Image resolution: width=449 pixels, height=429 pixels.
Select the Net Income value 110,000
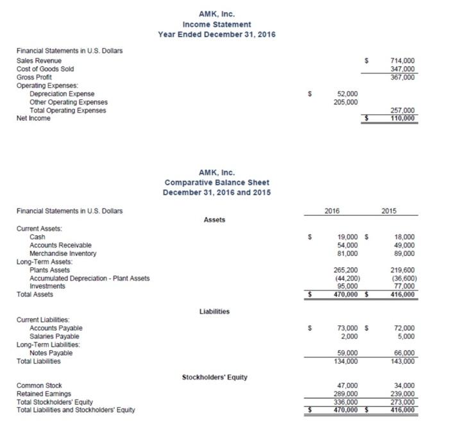pyautogui.click(x=402, y=119)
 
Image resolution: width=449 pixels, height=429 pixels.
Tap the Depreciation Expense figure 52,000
pyautogui.click(x=347, y=94)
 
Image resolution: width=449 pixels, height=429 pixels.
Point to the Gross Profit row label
pyautogui.click(x=34, y=77)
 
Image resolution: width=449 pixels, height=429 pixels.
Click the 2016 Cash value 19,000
pyautogui.click(x=347, y=237)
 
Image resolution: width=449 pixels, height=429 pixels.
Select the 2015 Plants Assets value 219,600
pyautogui.click(x=402, y=270)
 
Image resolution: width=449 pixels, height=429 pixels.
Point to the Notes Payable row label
pyautogui.click(x=51, y=353)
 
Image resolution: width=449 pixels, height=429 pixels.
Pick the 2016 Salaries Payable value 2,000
pyautogui.click(x=349, y=336)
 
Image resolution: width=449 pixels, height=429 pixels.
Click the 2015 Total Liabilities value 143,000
pyautogui.click(x=402, y=361)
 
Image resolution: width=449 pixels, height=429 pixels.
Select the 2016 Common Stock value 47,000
pyautogui.click(x=347, y=385)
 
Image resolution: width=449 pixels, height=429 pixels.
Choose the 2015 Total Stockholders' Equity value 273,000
pyautogui.click(x=402, y=402)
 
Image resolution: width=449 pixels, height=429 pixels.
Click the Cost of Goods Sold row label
pyautogui.click(x=44, y=69)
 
